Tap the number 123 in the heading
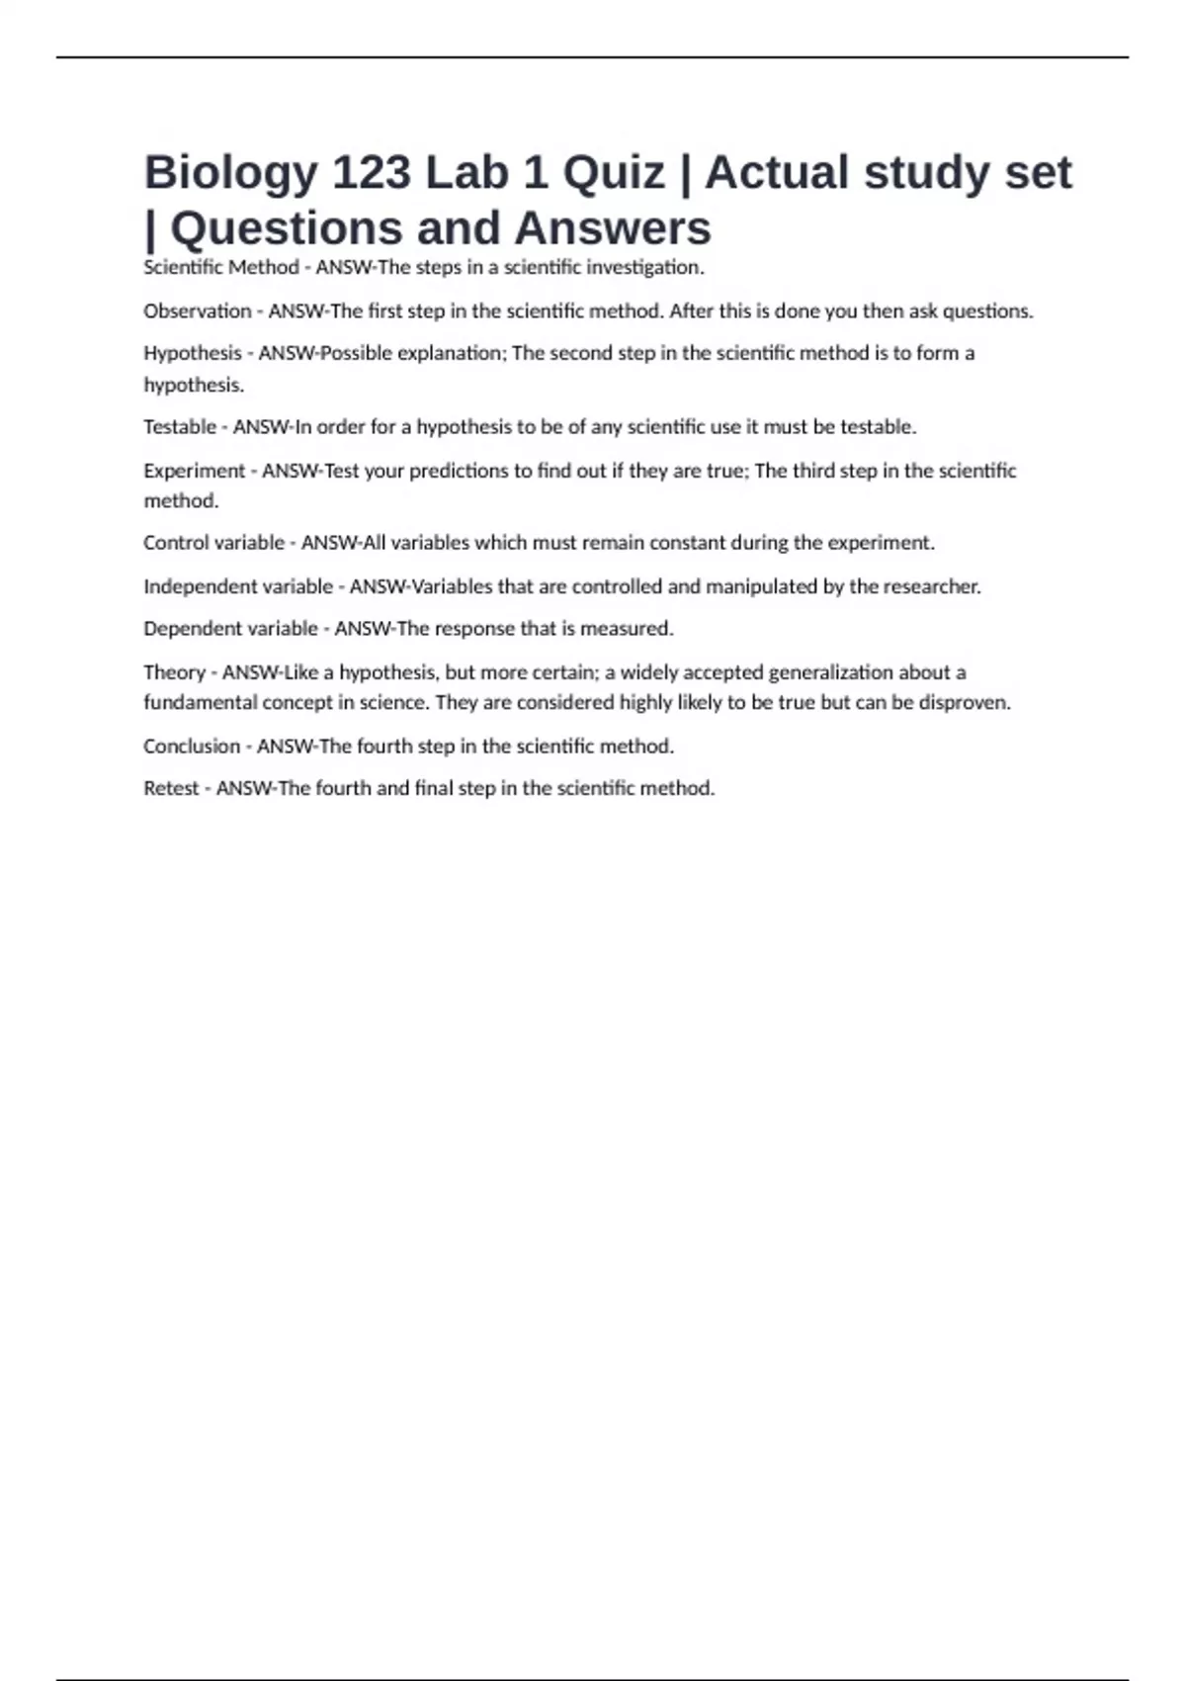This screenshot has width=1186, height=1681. [371, 172]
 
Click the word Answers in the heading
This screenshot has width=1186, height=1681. [613, 228]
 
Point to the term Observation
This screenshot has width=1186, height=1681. [198, 311]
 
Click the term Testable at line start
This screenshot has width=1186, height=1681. [180, 427]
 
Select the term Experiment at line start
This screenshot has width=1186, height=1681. [194, 471]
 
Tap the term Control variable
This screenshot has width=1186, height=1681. [213, 543]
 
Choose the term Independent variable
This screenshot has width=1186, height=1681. [238, 586]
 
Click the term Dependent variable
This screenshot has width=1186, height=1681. [230, 629]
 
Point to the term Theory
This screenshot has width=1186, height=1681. [174, 672]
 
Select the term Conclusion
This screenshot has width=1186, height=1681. [192, 747]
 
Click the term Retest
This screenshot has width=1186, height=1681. [171, 788]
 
